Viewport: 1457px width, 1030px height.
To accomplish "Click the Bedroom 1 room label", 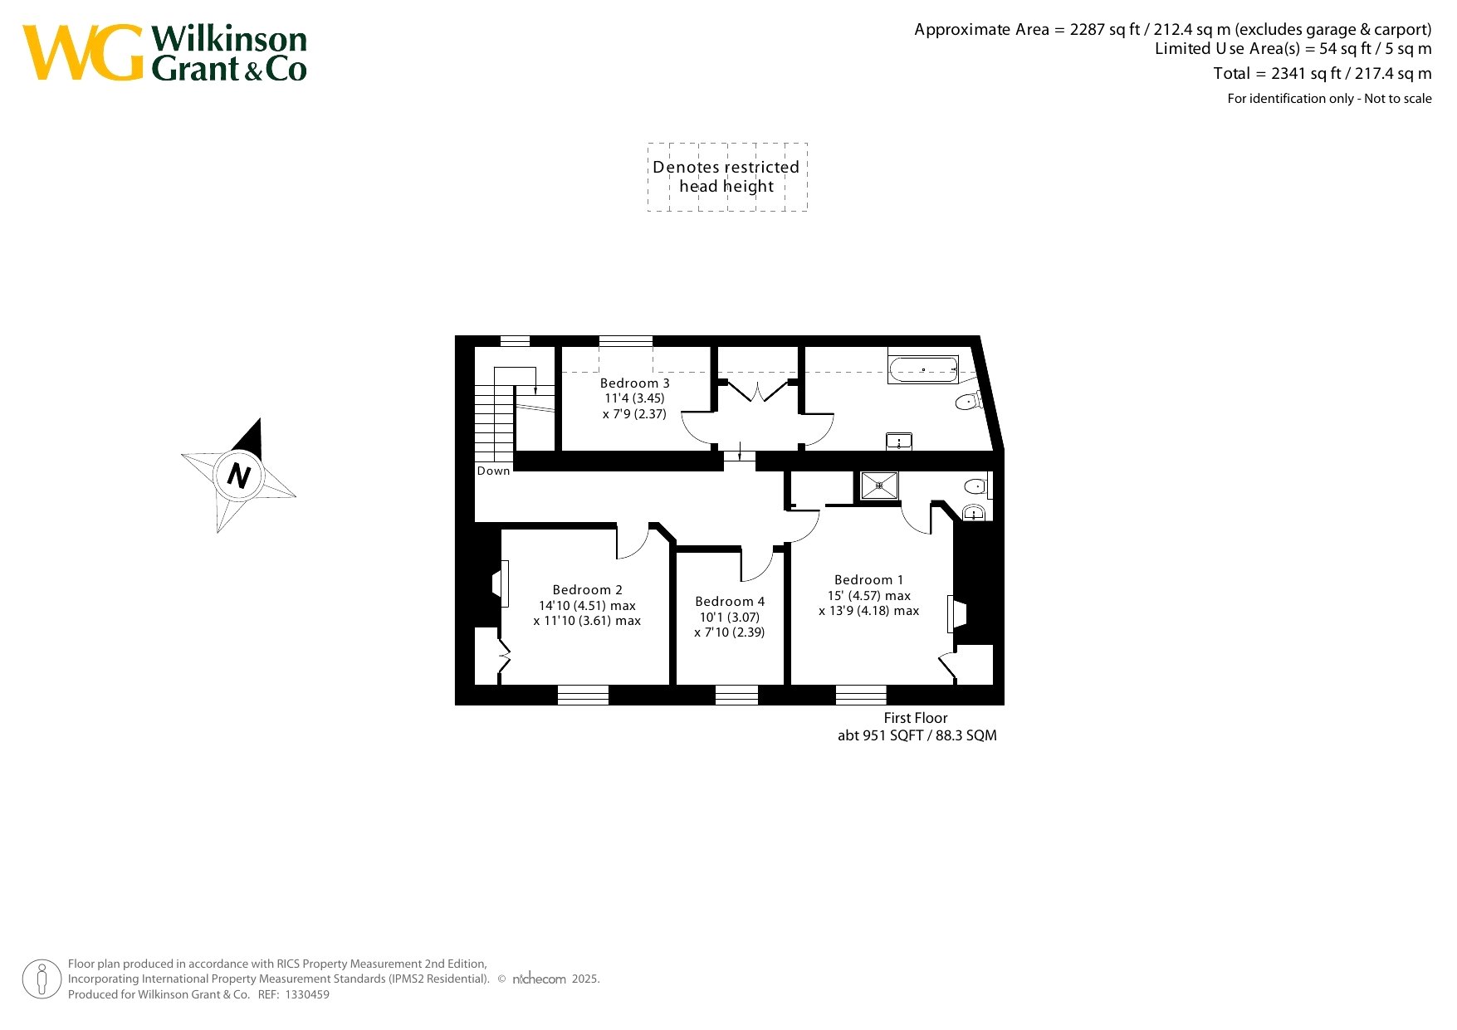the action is point(868,580).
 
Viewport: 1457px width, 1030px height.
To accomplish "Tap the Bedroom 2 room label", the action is point(587,590).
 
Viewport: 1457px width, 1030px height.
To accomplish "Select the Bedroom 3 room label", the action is point(634,383).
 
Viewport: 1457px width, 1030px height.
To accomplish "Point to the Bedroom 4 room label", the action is point(730,602).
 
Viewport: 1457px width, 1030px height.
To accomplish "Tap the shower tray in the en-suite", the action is point(879,486).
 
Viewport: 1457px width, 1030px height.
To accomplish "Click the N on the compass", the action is point(239,476).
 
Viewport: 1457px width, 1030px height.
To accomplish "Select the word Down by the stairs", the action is point(493,471).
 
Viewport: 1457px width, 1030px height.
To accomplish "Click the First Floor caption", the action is point(915,718).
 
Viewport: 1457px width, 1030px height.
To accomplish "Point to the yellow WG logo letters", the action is point(83,52).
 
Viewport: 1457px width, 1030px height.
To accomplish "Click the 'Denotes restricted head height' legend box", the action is point(727,177).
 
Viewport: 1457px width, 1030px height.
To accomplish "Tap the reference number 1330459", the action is point(307,994).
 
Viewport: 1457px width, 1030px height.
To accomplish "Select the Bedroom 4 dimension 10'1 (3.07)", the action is point(730,618).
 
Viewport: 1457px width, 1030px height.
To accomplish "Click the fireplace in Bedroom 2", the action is point(500,584).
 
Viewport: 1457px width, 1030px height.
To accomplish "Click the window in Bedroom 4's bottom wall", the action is point(737,695).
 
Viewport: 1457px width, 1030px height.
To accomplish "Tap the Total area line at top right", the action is point(1323,74).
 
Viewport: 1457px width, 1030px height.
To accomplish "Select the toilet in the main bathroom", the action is point(969,402).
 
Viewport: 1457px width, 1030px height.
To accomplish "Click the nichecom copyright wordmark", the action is point(540,979).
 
